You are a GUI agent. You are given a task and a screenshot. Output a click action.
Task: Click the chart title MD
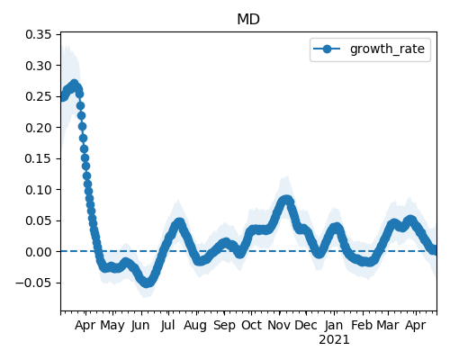pyautogui.click(x=248, y=20)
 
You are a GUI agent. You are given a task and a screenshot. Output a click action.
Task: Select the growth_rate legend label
pyautogui.click(x=387, y=49)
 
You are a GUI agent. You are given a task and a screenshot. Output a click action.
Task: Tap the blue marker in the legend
pyautogui.click(x=327, y=49)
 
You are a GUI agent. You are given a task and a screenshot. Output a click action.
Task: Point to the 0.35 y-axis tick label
pyautogui.click(x=39, y=34)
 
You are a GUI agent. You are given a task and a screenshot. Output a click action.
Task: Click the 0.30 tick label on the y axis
pyautogui.click(x=39, y=66)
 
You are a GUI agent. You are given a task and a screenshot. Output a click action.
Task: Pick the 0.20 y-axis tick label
pyautogui.click(x=39, y=128)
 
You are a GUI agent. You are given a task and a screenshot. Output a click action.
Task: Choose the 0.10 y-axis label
pyautogui.click(x=39, y=190)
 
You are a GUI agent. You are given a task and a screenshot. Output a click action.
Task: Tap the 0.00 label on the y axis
pyautogui.click(x=39, y=252)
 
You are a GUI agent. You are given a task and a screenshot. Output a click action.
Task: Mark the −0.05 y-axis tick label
pyautogui.click(x=33, y=283)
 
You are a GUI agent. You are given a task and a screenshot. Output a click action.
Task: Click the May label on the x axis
pyautogui.click(x=112, y=326)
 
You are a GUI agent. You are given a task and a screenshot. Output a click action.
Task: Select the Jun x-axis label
pyautogui.click(x=140, y=326)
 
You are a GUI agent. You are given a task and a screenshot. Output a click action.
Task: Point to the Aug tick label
pyautogui.click(x=195, y=326)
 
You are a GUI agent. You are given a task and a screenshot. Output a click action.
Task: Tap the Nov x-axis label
pyautogui.click(x=279, y=325)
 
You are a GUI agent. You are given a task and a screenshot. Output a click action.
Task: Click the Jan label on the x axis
pyautogui.click(x=334, y=325)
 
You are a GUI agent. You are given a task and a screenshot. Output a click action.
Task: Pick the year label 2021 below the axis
pyautogui.click(x=334, y=340)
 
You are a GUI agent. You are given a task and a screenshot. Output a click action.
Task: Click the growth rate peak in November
pyautogui.click(x=286, y=200)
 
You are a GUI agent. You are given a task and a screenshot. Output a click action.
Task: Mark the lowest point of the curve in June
pyautogui.click(x=147, y=283)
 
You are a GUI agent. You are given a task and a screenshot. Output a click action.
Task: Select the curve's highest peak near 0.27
pyautogui.click(x=74, y=85)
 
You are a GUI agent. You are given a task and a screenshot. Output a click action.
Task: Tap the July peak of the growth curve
pyautogui.click(x=179, y=223)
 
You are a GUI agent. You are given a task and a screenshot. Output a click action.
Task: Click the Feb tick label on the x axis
pyautogui.click(x=362, y=325)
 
